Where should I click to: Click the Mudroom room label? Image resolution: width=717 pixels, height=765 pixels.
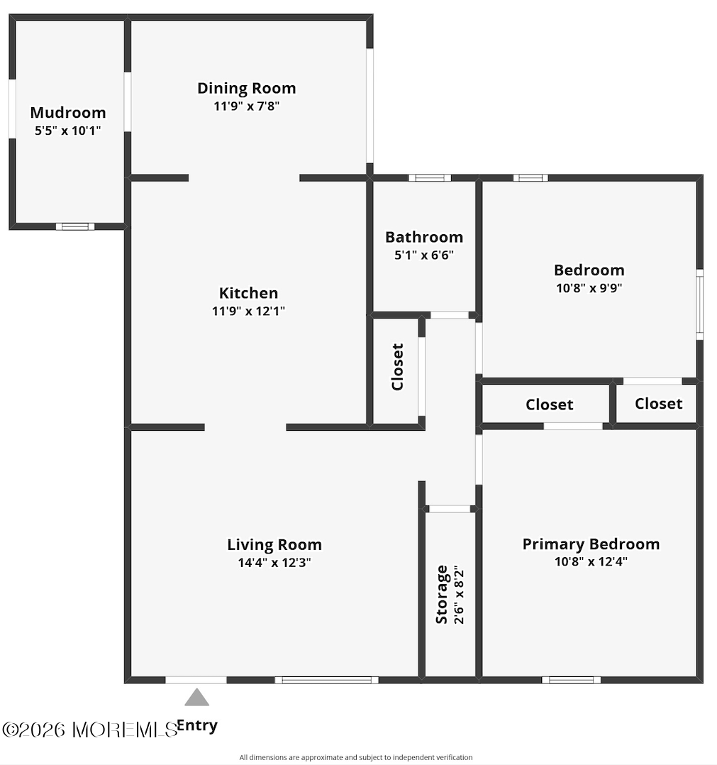(x=68, y=112)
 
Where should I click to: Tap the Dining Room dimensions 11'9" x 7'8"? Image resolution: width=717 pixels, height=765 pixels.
(x=246, y=106)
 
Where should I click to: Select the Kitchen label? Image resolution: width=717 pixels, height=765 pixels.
(x=248, y=292)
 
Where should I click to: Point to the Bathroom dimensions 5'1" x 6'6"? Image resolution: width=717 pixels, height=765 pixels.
(x=424, y=255)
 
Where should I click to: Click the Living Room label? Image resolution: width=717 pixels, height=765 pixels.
(x=274, y=544)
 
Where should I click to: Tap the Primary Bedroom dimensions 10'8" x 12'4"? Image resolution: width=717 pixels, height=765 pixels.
(x=591, y=561)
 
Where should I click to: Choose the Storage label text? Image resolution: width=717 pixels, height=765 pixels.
(x=442, y=594)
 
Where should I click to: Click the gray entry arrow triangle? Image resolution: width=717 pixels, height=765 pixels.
(x=196, y=698)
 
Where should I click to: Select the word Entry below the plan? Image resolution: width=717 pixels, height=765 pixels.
(x=197, y=725)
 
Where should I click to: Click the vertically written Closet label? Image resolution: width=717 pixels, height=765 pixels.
(x=397, y=367)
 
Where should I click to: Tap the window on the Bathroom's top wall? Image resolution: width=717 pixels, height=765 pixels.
(x=429, y=177)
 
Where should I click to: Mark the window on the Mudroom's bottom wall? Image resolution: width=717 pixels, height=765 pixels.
(x=74, y=226)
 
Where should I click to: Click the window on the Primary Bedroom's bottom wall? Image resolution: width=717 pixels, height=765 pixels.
(x=571, y=680)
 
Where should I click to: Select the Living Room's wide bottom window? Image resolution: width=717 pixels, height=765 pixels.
(x=326, y=680)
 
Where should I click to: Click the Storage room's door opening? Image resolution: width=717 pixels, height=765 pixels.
(x=450, y=508)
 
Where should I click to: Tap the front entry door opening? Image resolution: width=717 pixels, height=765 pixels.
(x=196, y=680)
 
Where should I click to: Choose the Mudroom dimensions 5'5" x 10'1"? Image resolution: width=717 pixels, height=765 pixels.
(x=68, y=131)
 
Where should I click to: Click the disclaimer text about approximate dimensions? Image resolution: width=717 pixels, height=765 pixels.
(x=355, y=757)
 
